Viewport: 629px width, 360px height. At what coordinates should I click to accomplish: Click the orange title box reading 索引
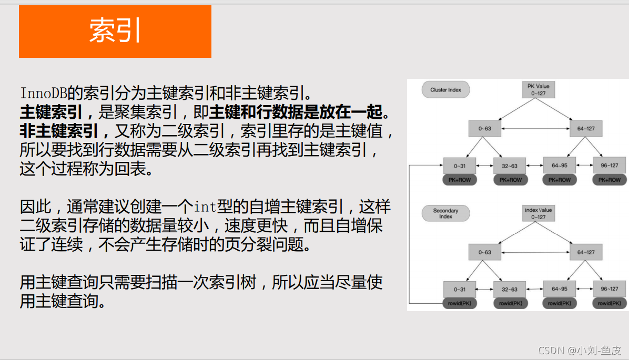(x=115, y=32)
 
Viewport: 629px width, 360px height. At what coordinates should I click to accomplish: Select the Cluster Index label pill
(x=445, y=90)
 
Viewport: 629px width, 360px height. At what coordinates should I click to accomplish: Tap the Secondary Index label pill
(x=445, y=213)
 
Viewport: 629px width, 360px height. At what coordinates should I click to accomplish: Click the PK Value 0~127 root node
(x=538, y=89)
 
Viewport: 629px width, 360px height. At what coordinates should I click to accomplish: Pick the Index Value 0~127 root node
(x=538, y=213)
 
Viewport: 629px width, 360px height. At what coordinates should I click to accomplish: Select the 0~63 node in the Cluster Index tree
(x=484, y=129)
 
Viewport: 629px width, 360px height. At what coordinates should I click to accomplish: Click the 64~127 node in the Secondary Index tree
(x=586, y=252)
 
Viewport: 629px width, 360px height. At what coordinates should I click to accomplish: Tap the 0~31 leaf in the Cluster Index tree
(x=459, y=166)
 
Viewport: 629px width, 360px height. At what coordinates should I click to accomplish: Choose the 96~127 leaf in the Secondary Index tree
(x=610, y=289)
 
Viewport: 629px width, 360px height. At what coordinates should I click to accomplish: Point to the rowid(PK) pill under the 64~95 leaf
(x=559, y=303)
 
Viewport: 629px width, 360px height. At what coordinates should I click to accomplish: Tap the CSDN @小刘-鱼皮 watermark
(x=580, y=350)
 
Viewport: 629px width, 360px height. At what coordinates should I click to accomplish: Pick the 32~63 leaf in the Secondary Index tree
(x=509, y=289)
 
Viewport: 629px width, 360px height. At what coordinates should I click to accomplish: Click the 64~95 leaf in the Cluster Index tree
(x=559, y=166)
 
